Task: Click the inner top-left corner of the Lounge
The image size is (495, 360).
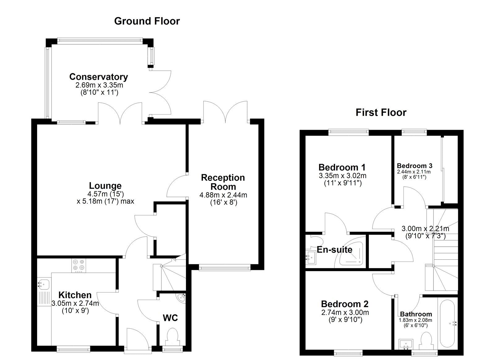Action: pos(37,124)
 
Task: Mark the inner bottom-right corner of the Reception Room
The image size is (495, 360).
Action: pos(258,264)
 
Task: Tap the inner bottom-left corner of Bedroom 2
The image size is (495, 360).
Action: pos(305,349)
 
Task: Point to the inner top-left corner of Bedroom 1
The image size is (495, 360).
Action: pos(305,136)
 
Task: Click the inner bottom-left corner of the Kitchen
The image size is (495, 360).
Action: pos(37,346)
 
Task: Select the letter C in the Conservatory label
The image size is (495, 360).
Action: pos(73,77)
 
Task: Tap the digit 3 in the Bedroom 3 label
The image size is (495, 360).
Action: pos(430,166)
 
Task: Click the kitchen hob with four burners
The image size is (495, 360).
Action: pos(79,265)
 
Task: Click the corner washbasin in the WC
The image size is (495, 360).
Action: pos(182,298)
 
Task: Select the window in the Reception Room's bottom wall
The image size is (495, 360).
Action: pos(225,268)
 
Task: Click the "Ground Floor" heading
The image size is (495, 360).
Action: pos(147,21)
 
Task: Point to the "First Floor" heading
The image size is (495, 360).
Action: pos(381,113)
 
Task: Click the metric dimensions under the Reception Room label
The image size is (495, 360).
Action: pos(223,195)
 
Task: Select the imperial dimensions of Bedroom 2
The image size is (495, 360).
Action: pos(345,320)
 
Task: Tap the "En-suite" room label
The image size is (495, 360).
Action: pos(334,250)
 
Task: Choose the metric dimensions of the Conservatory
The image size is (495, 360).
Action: pos(99,85)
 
